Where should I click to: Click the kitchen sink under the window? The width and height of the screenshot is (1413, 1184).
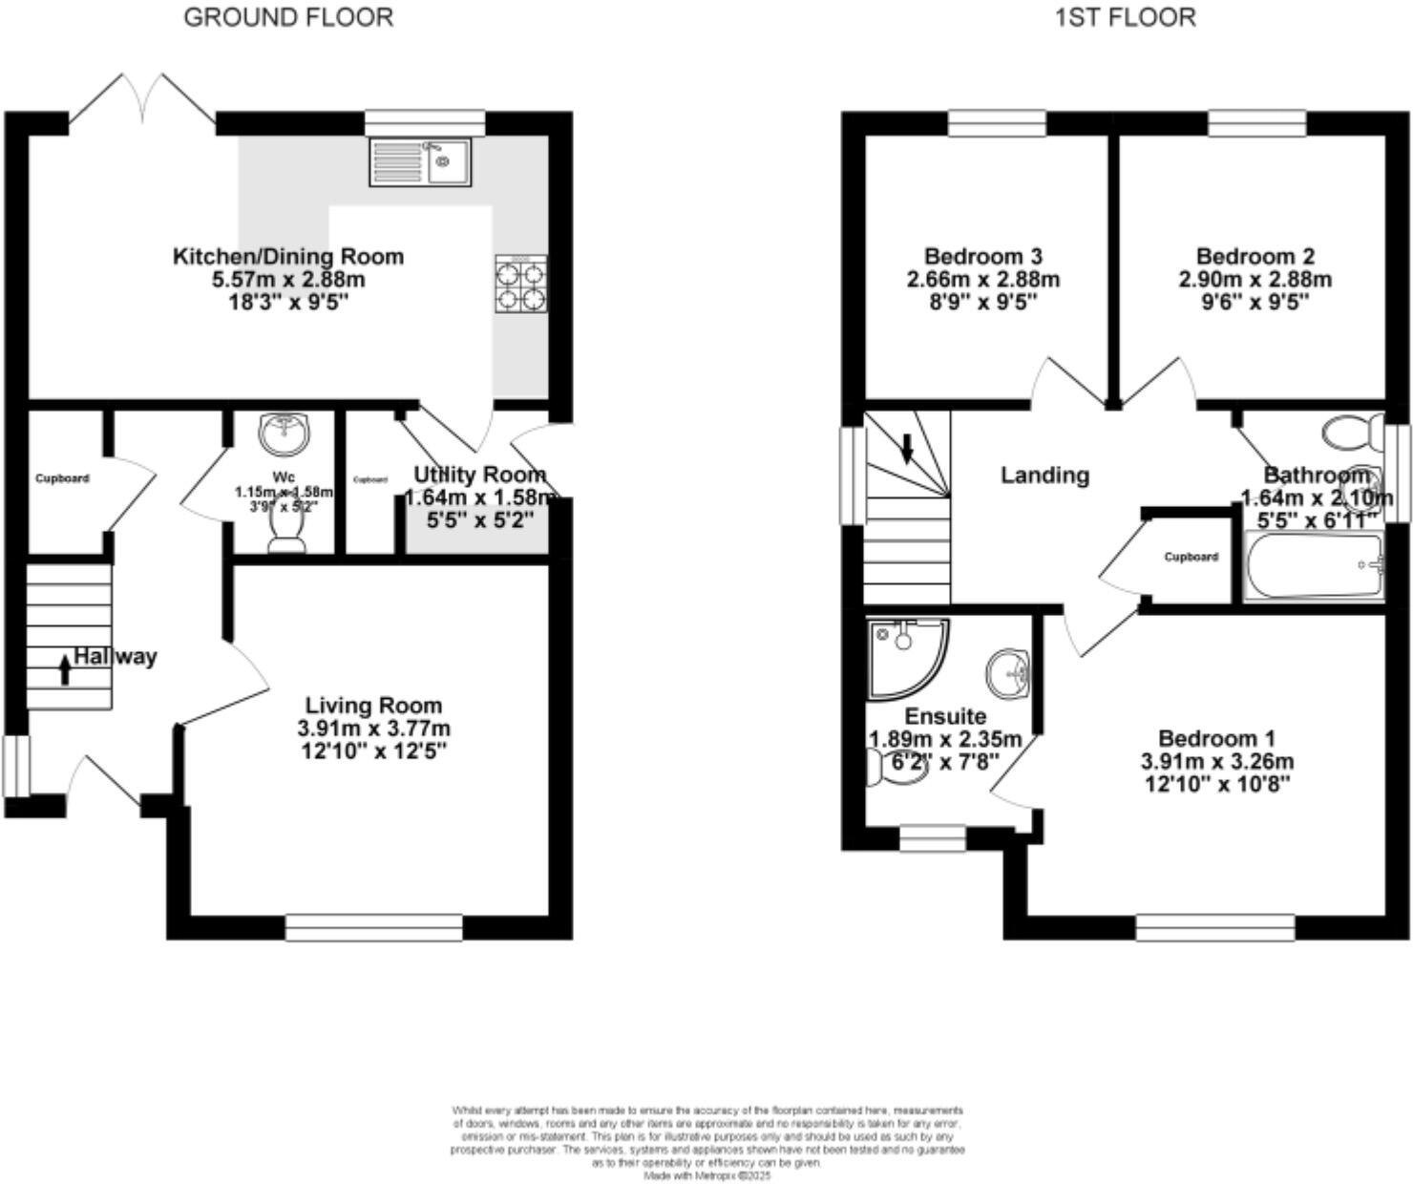coord(420,161)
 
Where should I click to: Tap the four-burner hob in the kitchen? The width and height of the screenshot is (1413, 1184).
coord(521,285)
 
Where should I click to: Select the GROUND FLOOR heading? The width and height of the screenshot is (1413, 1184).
coord(287,17)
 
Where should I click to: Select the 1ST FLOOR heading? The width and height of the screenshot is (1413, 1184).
coord(1125,17)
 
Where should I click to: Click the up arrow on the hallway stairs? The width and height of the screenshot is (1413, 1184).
coord(65,669)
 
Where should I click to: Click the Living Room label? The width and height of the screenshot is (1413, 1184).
coord(373,706)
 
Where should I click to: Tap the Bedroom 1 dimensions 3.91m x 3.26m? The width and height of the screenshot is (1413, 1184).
coord(1216,762)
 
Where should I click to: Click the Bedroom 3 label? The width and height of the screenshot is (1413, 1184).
coord(982,256)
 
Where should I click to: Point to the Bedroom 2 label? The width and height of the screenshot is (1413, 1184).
coord(1255,256)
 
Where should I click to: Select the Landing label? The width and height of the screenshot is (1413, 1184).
coord(1044,475)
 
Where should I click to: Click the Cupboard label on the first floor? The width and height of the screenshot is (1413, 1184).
coord(1191,557)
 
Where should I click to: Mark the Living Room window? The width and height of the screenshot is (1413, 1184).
coord(373,927)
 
